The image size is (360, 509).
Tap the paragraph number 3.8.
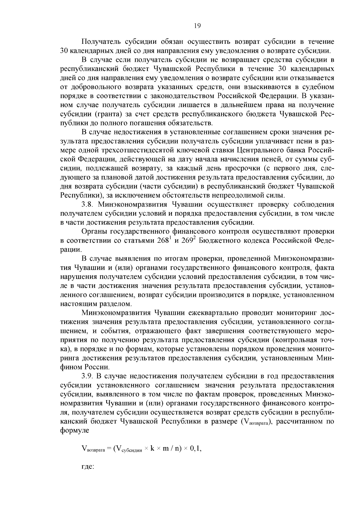tap(88, 205)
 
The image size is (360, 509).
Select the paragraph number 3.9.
tap(88, 376)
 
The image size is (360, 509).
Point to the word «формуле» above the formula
tap(75, 430)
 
